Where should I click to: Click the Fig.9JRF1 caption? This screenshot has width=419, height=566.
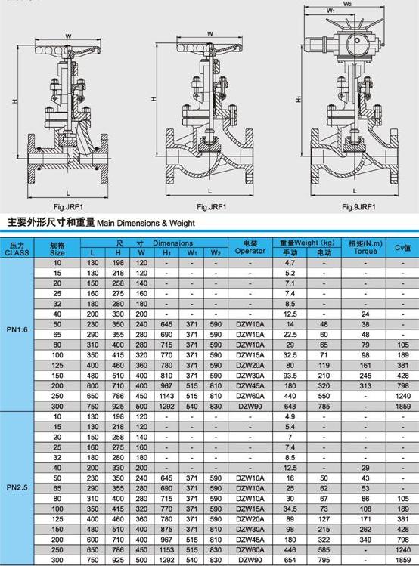(x=358, y=207)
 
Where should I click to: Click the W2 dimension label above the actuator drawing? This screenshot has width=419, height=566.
(x=347, y=4)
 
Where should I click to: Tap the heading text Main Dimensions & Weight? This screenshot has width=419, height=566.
(x=146, y=223)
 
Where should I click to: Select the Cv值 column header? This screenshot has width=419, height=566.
(x=403, y=248)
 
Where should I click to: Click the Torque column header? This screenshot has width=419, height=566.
(x=365, y=251)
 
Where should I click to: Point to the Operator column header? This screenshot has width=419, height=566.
(x=250, y=251)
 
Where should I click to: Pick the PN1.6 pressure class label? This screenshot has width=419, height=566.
(x=17, y=329)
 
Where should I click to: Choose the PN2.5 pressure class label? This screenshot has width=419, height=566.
(x=17, y=487)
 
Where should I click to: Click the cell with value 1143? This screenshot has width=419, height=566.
(x=166, y=396)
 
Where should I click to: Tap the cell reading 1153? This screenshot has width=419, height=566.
(x=166, y=550)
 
